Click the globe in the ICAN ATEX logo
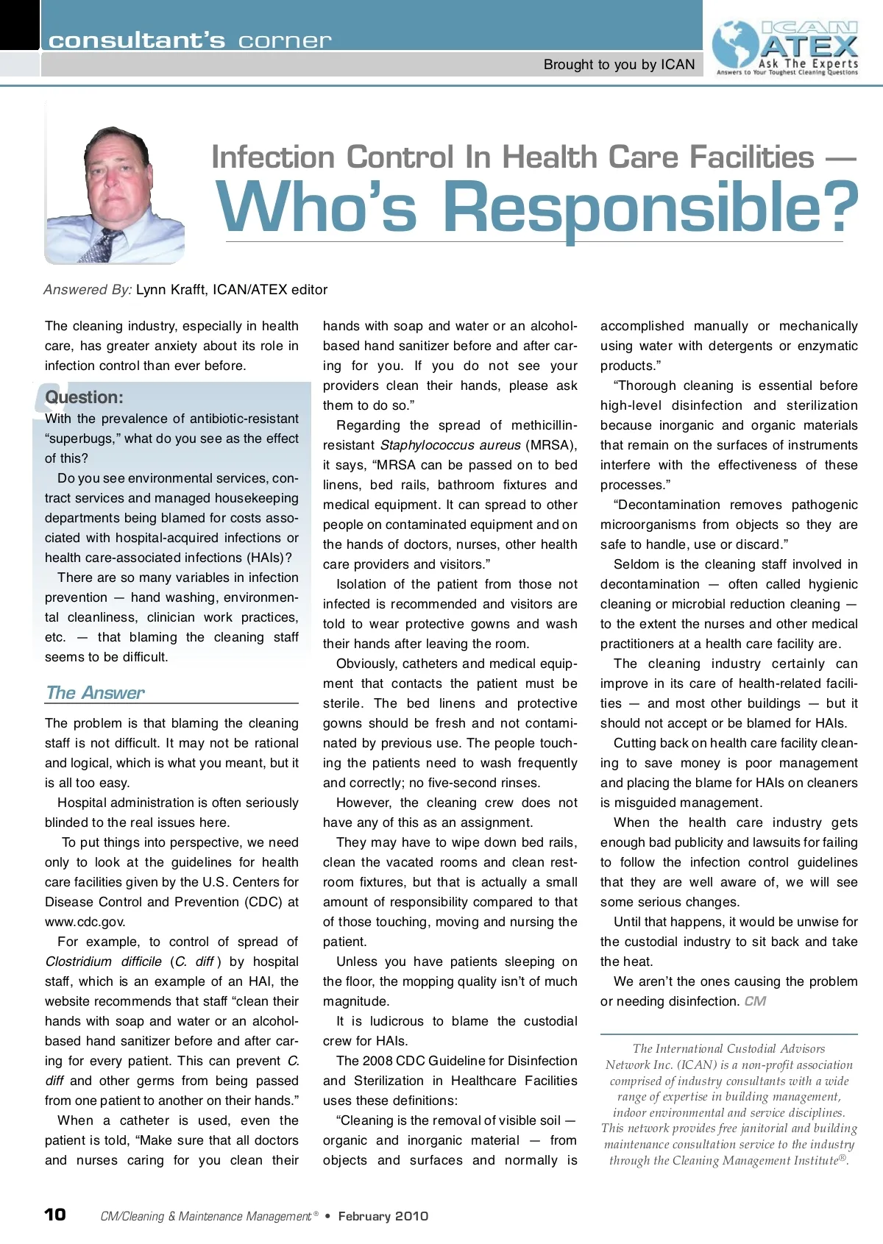coord(736,46)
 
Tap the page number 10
coord(55,1214)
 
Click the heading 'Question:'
coord(84,397)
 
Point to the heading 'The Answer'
coord(95,692)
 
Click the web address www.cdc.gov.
coord(85,922)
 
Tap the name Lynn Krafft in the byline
coord(171,290)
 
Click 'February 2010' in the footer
coord(383,1216)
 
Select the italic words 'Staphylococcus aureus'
coord(450,445)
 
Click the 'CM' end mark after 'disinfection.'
coord(755,1001)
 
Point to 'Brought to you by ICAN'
coord(619,65)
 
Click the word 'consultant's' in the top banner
coord(137,40)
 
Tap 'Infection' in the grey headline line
coord(274,157)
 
